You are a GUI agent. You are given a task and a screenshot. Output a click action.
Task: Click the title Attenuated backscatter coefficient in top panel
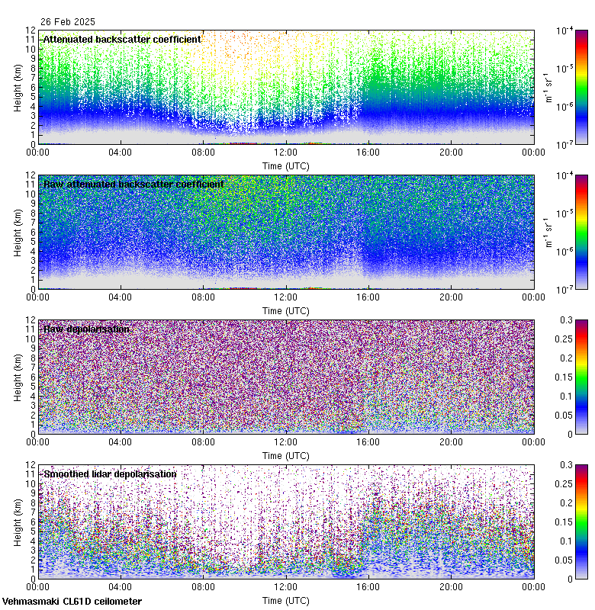(x=122, y=39)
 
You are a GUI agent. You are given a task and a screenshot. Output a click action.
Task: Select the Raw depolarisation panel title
(x=86, y=329)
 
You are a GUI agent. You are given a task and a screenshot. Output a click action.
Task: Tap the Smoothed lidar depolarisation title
(x=110, y=474)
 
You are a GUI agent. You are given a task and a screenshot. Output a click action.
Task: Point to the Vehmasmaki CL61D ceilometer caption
(x=72, y=602)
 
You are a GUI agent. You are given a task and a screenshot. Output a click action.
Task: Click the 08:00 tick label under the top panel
(x=203, y=152)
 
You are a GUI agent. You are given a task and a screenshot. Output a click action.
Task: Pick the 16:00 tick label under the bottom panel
(x=368, y=587)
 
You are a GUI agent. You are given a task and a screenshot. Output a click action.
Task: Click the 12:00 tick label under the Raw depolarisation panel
(x=286, y=442)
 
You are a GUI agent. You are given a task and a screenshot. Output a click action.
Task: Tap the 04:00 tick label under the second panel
(x=121, y=297)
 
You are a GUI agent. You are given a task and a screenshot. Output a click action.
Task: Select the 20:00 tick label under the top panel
(x=451, y=152)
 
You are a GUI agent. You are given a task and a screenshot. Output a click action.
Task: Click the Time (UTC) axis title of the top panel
(x=286, y=165)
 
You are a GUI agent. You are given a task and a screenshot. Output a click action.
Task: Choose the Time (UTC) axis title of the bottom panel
(x=286, y=600)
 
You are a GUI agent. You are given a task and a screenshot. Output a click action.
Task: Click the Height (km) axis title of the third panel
(x=17, y=377)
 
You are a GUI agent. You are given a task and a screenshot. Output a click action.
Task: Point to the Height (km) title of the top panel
(x=17, y=87)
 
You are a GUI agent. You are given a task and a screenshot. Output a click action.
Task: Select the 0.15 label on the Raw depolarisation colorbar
(x=568, y=377)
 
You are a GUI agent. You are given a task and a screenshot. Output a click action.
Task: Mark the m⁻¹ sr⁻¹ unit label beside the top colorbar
(x=549, y=87)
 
